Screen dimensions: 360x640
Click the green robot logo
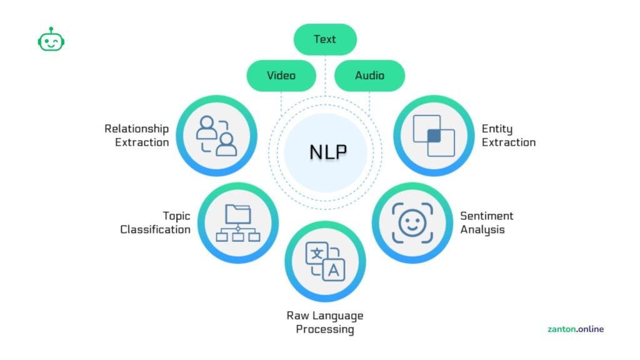(51, 40)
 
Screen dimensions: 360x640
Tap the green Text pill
(325, 39)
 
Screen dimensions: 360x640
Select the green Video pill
(281, 76)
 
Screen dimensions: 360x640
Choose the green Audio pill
(369, 76)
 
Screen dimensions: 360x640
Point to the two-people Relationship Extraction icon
(216, 136)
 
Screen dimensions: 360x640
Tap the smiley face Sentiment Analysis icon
(412, 222)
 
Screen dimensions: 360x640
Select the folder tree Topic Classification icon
(237, 222)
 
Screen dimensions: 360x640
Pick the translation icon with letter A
(325, 261)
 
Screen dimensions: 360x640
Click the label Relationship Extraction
(137, 136)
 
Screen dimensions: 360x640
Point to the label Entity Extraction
(508, 136)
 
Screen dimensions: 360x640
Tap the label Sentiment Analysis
(486, 222)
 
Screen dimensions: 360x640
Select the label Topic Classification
(156, 222)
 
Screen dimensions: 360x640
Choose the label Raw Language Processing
(325, 322)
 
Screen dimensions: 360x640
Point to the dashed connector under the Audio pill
(369, 103)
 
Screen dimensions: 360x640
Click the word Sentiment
(486, 216)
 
